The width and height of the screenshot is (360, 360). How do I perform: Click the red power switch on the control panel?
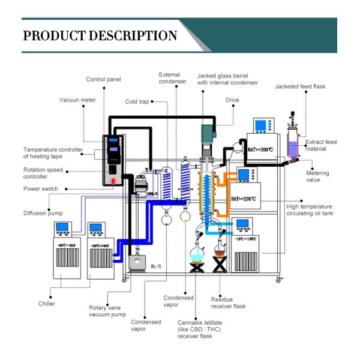tap(115, 180)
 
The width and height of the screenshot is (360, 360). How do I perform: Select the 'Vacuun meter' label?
tap(77, 100)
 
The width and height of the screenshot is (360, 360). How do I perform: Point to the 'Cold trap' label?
tap(137, 102)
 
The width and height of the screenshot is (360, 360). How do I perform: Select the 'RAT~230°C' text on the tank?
tap(245, 198)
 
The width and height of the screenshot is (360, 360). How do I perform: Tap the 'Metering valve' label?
tap(319, 176)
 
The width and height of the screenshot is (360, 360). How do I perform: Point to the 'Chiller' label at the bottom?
tap(46, 304)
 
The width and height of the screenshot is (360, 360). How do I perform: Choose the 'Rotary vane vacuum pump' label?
tap(106, 311)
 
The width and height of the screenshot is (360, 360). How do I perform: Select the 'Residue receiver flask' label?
tap(228, 302)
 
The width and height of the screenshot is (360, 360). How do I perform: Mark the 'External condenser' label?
tap(169, 79)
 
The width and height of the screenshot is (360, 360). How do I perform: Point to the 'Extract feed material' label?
tap(321, 145)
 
